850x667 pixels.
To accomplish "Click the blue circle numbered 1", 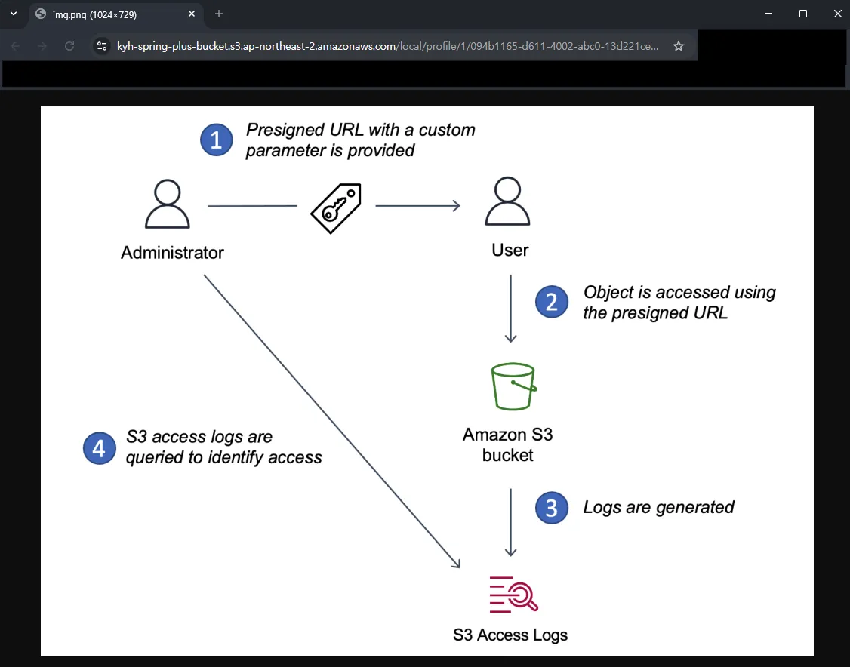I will (x=217, y=140).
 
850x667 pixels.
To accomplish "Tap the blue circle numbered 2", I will (x=552, y=303).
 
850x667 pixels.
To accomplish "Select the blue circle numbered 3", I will (x=552, y=508).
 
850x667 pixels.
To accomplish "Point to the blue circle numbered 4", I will (x=99, y=447).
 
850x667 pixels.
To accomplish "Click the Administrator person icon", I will (x=167, y=205).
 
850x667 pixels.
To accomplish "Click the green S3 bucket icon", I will (x=513, y=387).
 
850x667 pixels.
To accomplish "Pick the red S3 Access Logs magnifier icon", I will (x=513, y=594).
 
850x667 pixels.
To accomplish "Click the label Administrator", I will (x=172, y=253).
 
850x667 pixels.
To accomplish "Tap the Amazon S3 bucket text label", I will (x=508, y=445).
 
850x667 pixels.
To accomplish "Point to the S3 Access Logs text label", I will (x=510, y=635).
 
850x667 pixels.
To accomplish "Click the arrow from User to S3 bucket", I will (x=511, y=309).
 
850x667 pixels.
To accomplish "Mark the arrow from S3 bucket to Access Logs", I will (x=511, y=522).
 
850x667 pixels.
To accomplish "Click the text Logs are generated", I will (x=658, y=507).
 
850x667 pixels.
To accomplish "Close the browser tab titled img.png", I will (x=192, y=14).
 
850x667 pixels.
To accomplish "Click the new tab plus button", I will (x=219, y=14).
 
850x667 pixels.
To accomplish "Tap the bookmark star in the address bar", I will (x=679, y=46).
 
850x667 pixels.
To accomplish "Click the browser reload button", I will (x=69, y=46).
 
